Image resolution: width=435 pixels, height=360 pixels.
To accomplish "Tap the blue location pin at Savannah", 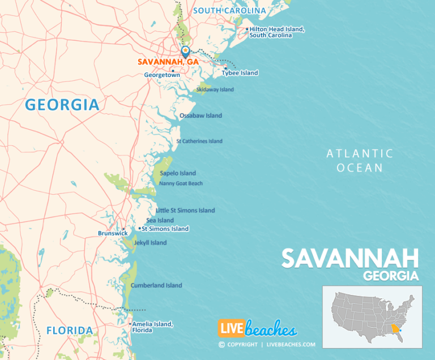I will click(x=185, y=52).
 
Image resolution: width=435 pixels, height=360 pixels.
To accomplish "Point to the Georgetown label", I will click(x=161, y=75).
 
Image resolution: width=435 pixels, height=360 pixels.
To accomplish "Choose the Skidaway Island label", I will click(x=215, y=89).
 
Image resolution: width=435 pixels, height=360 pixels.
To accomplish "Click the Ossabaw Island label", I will click(x=201, y=115).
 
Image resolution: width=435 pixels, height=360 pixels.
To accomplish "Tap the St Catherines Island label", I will click(x=199, y=141).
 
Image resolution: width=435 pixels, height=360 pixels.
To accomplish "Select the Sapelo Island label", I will click(x=178, y=173).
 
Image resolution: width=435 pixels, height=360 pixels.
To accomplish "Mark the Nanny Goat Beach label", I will click(x=181, y=183).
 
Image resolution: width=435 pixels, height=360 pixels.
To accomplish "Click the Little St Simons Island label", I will click(x=185, y=211).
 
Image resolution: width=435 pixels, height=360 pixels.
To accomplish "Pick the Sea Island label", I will click(x=160, y=220).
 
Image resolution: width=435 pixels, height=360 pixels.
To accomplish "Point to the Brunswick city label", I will click(x=109, y=233).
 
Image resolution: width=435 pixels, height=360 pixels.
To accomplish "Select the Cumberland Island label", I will click(x=156, y=285).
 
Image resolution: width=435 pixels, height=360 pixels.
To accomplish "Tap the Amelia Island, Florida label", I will click(x=153, y=327).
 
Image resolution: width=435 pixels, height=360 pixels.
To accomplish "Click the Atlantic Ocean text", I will click(x=360, y=160).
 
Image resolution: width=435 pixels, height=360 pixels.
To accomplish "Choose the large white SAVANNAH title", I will click(x=350, y=259).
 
